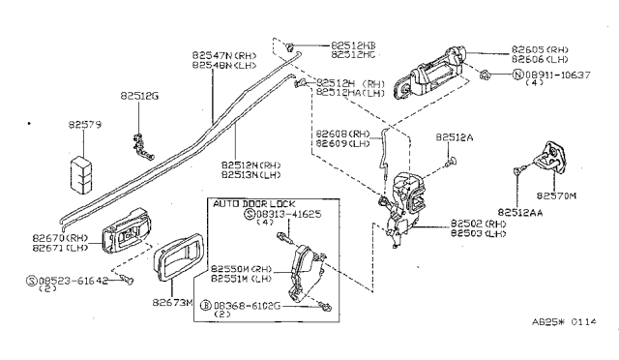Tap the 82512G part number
(x=139, y=96)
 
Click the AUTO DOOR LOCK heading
(x=248, y=205)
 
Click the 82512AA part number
(x=521, y=209)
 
